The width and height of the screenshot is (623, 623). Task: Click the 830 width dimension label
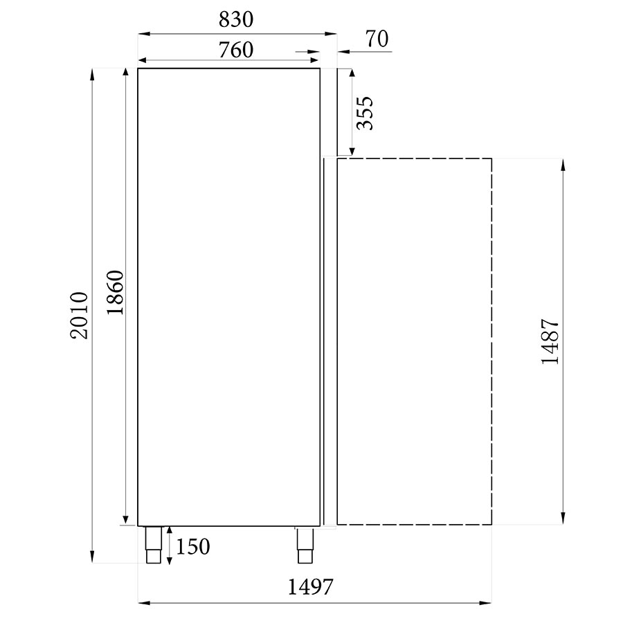(x=235, y=19)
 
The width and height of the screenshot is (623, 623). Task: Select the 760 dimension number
(x=235, y=50)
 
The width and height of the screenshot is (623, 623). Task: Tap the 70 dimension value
(x=377, y=39)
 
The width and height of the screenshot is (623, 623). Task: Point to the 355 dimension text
(x=365, y=114)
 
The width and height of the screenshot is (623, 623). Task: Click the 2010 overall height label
(x=79, y=316)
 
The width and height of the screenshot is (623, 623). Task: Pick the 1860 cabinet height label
(x=115, y=293)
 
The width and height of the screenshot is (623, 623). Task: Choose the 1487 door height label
(x=550, y=341)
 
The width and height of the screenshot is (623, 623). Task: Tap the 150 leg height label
(x=192, y=547)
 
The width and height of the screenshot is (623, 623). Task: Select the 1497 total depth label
(x=310, y=587)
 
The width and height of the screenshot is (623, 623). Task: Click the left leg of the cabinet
(x=154, y=545)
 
